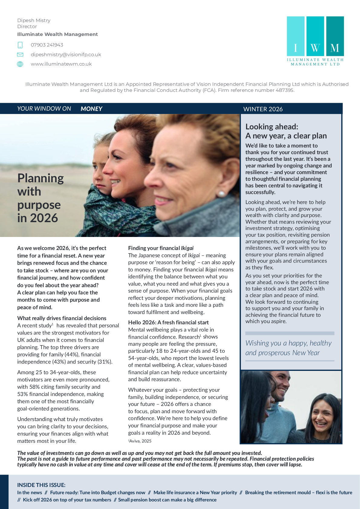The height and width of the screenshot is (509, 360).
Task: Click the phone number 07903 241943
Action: (x=47, y=45)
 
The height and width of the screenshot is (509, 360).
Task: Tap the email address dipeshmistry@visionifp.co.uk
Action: (x=66, y=55)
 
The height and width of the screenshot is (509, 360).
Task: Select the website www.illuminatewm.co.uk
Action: (x=61, y=64)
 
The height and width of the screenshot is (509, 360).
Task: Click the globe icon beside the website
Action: (x=20, y=64)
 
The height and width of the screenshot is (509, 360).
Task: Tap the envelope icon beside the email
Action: (x=20, y=55)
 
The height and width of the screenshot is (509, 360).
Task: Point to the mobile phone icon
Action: (x=20, y=45)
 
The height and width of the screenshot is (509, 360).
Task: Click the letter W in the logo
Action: (x=315, y=48)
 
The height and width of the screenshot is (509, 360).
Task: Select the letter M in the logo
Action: (x=335, y=48)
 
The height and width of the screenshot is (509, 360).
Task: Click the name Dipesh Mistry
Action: (x=34, y=21)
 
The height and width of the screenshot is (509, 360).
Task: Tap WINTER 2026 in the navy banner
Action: (x=263, y=109)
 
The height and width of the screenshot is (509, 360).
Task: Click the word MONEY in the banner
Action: (x=91, y=109)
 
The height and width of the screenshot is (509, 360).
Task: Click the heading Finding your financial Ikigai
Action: (x=161, y=248)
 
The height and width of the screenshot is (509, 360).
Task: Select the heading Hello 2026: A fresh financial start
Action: (x=168, y=323)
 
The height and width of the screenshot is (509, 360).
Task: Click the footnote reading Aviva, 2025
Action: (x=140, y=441)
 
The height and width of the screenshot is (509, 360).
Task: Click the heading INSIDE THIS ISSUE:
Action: (x=41, y=485)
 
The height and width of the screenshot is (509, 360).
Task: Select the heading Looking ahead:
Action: (x=272, y=127)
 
